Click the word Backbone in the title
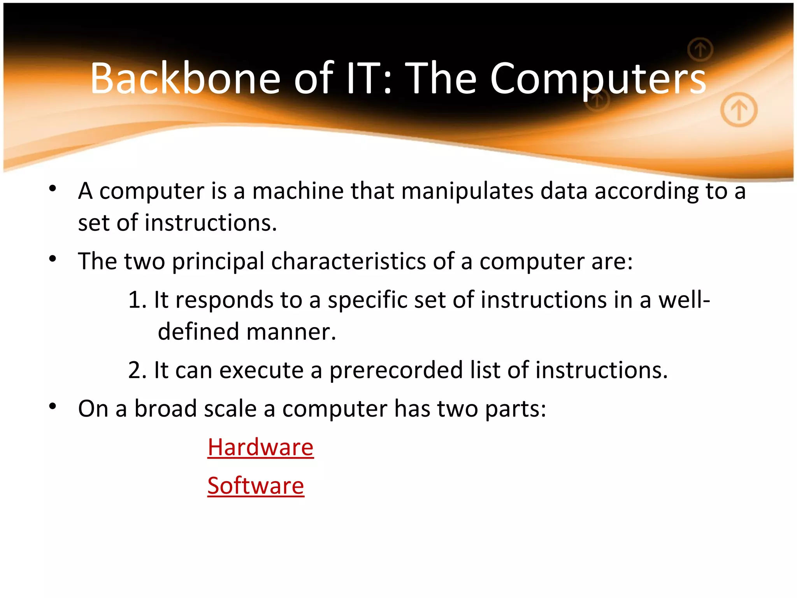pyautogui.click(x=185, y=79)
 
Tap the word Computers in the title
pyautogui.click(x=597, y=79)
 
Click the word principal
pyautogui.click(x=218, y=261)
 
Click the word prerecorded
pyautogui.click(x=396, y=370)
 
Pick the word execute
pyautogui.click(x=261, y=370)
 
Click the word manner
pyautogui.click(x=291, y=332)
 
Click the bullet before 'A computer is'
pyautogui.click(x=53, y=189)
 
